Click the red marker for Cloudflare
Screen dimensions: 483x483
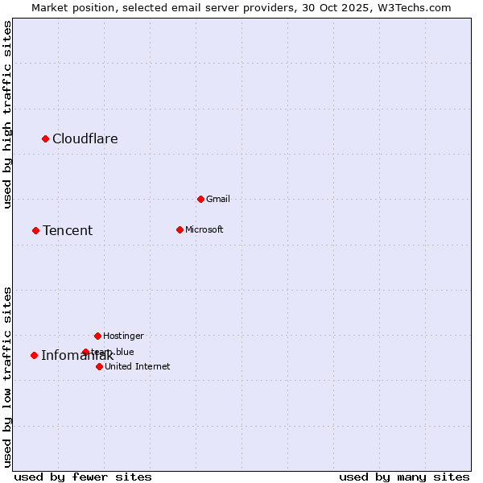coord(46,139)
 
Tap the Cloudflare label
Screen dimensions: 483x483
coord(85,139)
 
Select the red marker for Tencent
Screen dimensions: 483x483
coord(35,231)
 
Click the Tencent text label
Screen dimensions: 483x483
coord(68,231)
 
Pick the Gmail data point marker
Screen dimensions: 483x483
coord(200,199)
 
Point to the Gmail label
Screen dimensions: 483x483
coord(218,199)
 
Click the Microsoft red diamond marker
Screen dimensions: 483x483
coord(180,229)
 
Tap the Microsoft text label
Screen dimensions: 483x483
coord(204,229)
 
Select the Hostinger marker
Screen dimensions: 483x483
coord(97,336)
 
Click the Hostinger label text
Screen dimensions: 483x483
coord(123,336)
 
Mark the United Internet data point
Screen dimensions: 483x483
coord(99,366)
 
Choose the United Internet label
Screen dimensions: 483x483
coord(138,366)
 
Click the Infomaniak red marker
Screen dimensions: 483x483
coord(34,355)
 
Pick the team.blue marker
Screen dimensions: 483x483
coord(85,352)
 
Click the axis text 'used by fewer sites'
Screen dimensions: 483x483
coord(83,477)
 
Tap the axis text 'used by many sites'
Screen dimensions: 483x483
coord(404,477)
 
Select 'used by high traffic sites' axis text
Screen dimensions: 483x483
coord(7,114)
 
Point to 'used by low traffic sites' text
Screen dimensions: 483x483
coord(7,377)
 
